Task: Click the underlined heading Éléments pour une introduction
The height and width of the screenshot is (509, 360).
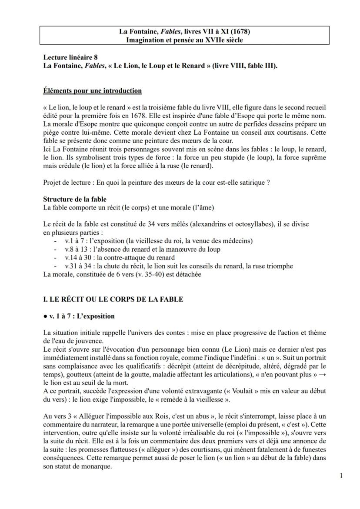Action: point(93,91)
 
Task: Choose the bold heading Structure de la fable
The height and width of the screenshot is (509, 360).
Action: point(75,200)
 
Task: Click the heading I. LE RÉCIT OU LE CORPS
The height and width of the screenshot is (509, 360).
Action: point(113,299)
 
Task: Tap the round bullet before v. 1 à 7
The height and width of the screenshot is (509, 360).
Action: point(45,316)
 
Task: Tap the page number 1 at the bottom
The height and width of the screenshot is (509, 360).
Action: point(341,475)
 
